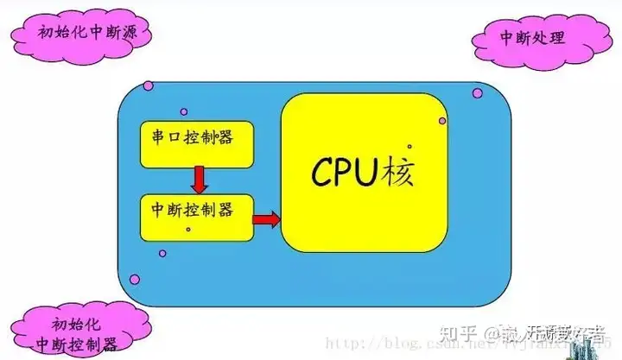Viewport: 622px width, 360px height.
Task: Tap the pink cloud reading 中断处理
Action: pyautogui.click(x=531, y=39)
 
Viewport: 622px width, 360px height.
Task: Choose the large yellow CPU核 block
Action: pyautogui.click(x=363, y=173)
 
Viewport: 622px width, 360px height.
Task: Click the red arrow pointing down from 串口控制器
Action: pyautogui.click(x=199, y=180)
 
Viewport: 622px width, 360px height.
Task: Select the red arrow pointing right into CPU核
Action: pyautogui.click(x=267, y=220)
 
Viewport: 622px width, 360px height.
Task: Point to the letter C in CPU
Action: pyautogui.click(x=321, y=173)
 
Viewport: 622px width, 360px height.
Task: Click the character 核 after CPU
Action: pyautogui.click(x=398, y=172)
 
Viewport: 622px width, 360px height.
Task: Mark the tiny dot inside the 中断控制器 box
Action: pyautogui.click(x=188, y=229)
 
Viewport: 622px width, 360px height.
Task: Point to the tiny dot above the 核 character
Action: pyautogui.click(x=409, y=147)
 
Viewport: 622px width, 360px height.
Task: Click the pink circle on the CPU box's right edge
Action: pyautogui.click(x=442, y=121)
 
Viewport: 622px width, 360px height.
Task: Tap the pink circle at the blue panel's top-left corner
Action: pyautogui.click(x=149, y=86)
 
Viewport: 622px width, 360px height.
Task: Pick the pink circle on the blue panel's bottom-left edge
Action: pyautogui.click(x=134, y=279)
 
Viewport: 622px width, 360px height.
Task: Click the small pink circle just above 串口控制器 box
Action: pyautogui.click(x=182, y=111)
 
